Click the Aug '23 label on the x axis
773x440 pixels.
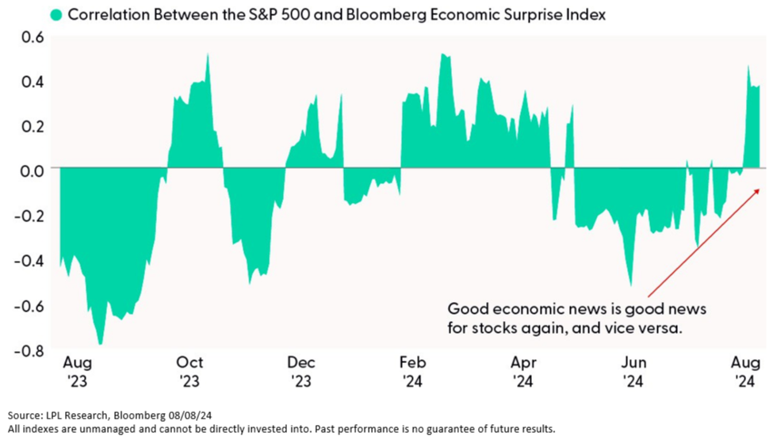pos(78,371)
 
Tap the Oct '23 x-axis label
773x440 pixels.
pos(189,371)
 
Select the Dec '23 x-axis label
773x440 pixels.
pos(301,371)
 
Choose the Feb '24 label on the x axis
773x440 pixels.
pos(413,371)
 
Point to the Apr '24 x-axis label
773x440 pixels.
pos(524,371)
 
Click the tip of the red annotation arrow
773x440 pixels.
pos(760,189)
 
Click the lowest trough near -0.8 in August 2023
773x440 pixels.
pos(101,343)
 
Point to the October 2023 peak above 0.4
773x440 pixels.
pos(208,55)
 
